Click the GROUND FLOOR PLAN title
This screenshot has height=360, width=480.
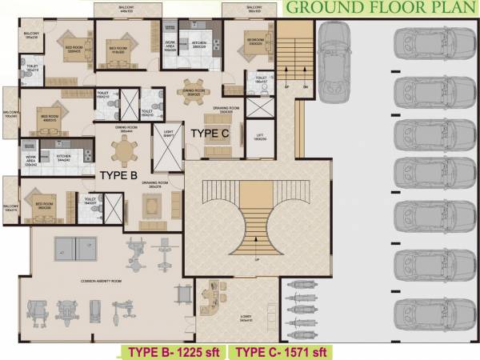point(381,9)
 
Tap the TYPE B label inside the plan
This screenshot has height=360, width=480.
point(119,173)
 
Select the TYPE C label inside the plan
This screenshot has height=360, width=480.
point(210,134)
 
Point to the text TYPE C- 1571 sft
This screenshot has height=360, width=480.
point(282,351)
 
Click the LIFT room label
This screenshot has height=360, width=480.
point(261,137)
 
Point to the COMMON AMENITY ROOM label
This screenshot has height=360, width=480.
point(101,281)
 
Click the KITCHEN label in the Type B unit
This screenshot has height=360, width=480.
point(64,156)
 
